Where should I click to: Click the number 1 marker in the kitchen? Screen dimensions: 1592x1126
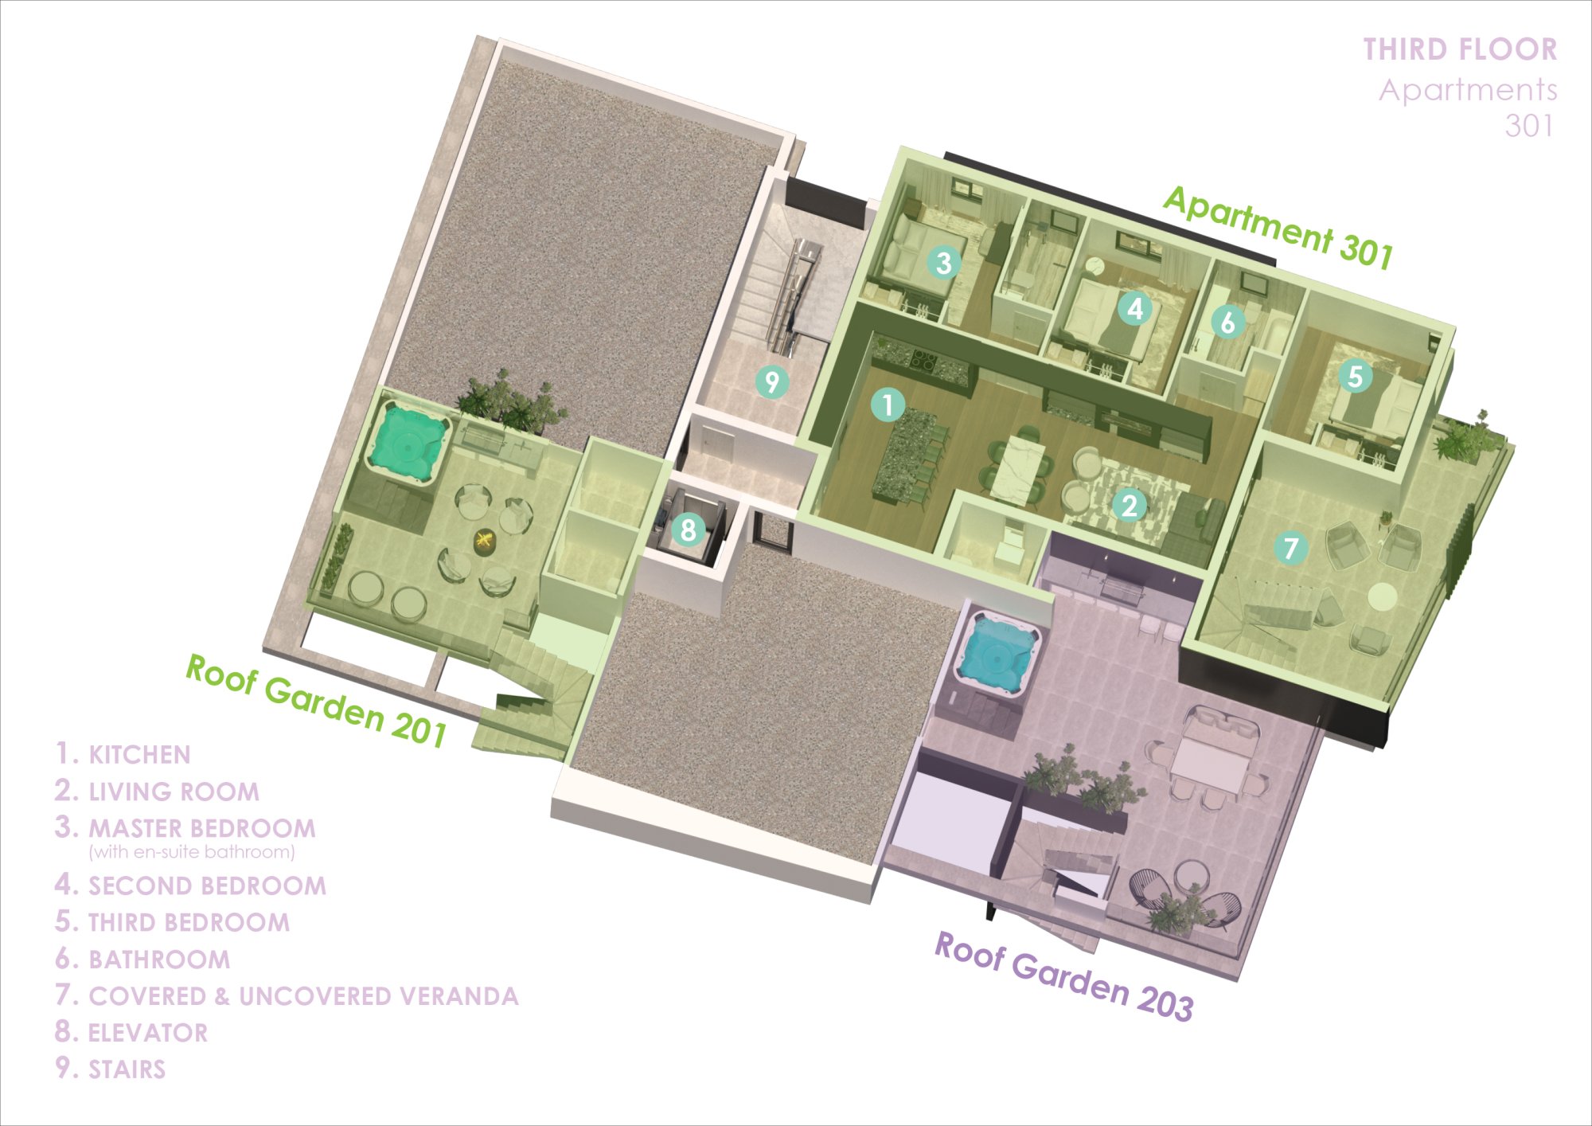[x=888, y=405]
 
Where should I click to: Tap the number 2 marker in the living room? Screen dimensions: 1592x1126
[x=1129, y=505]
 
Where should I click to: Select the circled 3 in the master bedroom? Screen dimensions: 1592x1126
[x=944, y=262]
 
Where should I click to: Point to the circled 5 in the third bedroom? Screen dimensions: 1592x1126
[x=1356, y=376]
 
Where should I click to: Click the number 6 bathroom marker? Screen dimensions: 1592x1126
[x=1228, y=322]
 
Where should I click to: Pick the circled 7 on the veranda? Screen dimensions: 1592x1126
[x=1290, y=547]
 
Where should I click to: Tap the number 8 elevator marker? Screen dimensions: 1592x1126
[x=689, y=530]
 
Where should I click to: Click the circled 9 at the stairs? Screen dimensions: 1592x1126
[x=771, y=381]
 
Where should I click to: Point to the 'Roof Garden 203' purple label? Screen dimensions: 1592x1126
[x=1063, y=976]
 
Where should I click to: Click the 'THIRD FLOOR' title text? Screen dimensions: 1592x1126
[x=1460, y=49]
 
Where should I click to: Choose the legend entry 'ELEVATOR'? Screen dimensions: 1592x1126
[x=148, y=1033]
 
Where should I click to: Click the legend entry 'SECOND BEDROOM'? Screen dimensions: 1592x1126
[x=207, y=886]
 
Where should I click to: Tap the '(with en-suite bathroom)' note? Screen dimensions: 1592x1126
[x=192, y=852]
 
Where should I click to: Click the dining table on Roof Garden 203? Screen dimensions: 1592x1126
[x=1208, y=764]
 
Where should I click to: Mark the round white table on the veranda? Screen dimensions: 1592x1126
[x=1383, y=596]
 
